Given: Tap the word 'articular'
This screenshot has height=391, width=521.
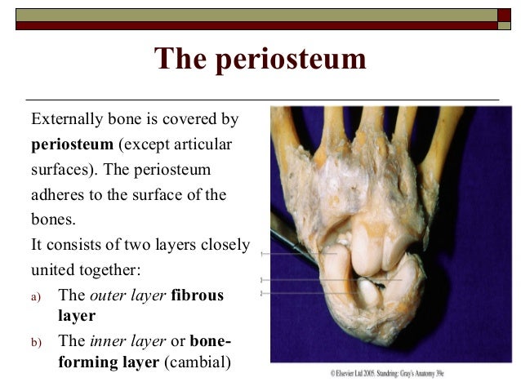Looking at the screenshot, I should (203, 144).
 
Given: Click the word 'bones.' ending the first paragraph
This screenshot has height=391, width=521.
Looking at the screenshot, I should (54, 220).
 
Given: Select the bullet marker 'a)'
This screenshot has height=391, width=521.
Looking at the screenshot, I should (36, 295).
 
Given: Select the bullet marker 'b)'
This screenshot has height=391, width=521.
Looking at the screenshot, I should (36, 342).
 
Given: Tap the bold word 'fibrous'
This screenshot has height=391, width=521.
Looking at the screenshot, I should (198, 295).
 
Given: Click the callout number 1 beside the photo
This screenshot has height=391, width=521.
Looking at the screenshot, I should (261, 255).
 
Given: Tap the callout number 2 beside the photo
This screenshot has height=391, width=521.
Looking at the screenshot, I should (261, 292).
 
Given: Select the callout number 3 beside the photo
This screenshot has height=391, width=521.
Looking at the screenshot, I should (261, 280).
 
